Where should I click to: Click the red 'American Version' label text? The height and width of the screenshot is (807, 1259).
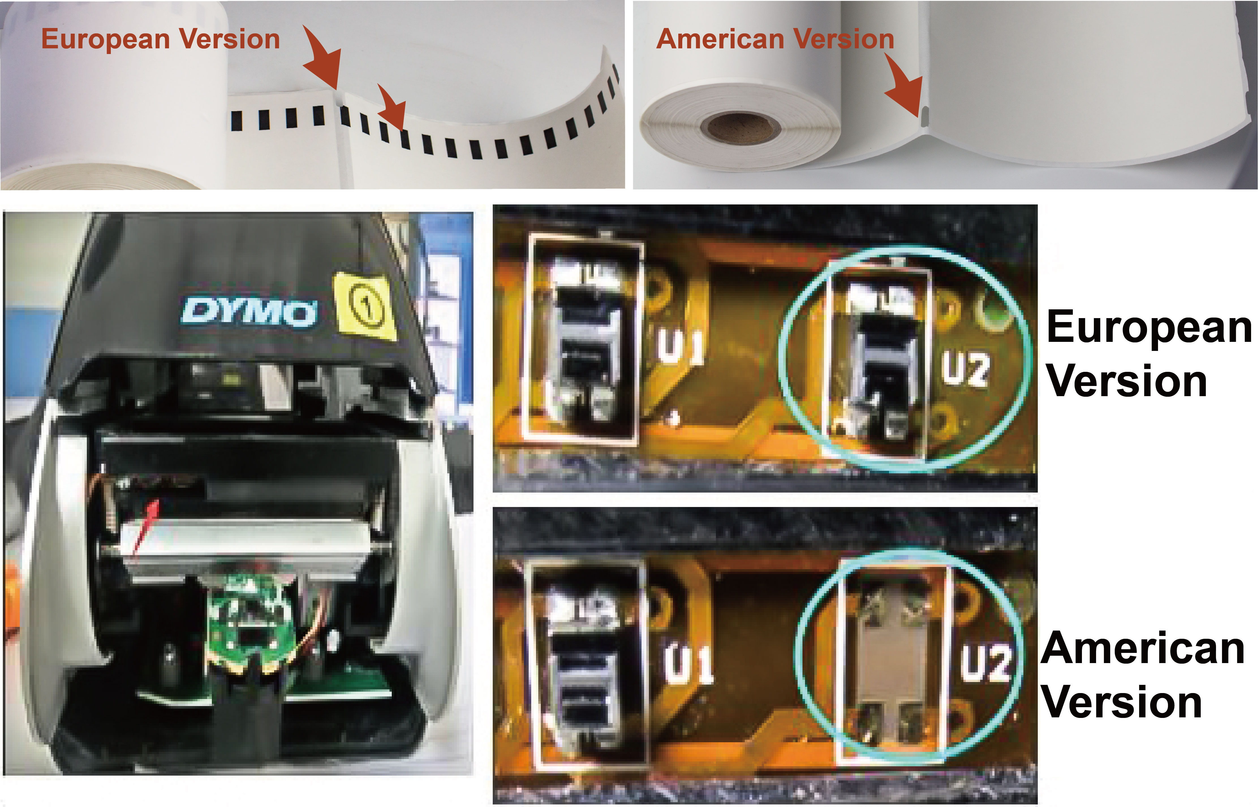775,39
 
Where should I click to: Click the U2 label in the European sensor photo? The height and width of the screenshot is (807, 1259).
965,370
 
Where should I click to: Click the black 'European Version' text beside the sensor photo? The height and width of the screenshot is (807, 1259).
1148,354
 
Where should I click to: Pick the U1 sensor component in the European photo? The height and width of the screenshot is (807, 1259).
583,341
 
